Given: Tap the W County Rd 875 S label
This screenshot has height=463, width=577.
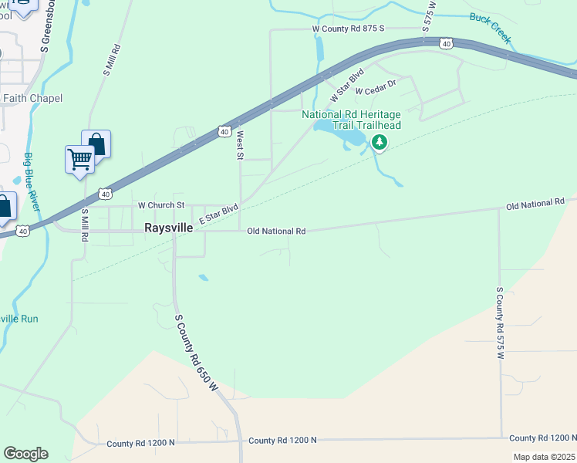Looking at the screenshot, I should pos(348,29).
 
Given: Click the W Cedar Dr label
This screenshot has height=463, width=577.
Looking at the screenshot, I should pos(376,86).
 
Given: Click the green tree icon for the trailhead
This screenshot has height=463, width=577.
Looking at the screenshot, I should pos(379,142).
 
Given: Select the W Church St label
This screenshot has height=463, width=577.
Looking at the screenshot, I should pos(161,205).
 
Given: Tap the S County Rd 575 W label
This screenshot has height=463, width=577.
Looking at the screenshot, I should pos(500,323).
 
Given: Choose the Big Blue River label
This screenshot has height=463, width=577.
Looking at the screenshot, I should pos(34,188).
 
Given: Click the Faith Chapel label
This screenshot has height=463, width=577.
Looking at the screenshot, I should pos(32,98).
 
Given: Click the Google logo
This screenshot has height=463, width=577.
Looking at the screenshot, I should pos(25,454).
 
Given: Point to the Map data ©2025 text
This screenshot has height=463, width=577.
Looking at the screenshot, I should pos(544,457).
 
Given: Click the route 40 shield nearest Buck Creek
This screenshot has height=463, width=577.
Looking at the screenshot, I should pos(447,44).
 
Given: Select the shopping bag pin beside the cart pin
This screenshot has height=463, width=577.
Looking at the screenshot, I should pos(96,143).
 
